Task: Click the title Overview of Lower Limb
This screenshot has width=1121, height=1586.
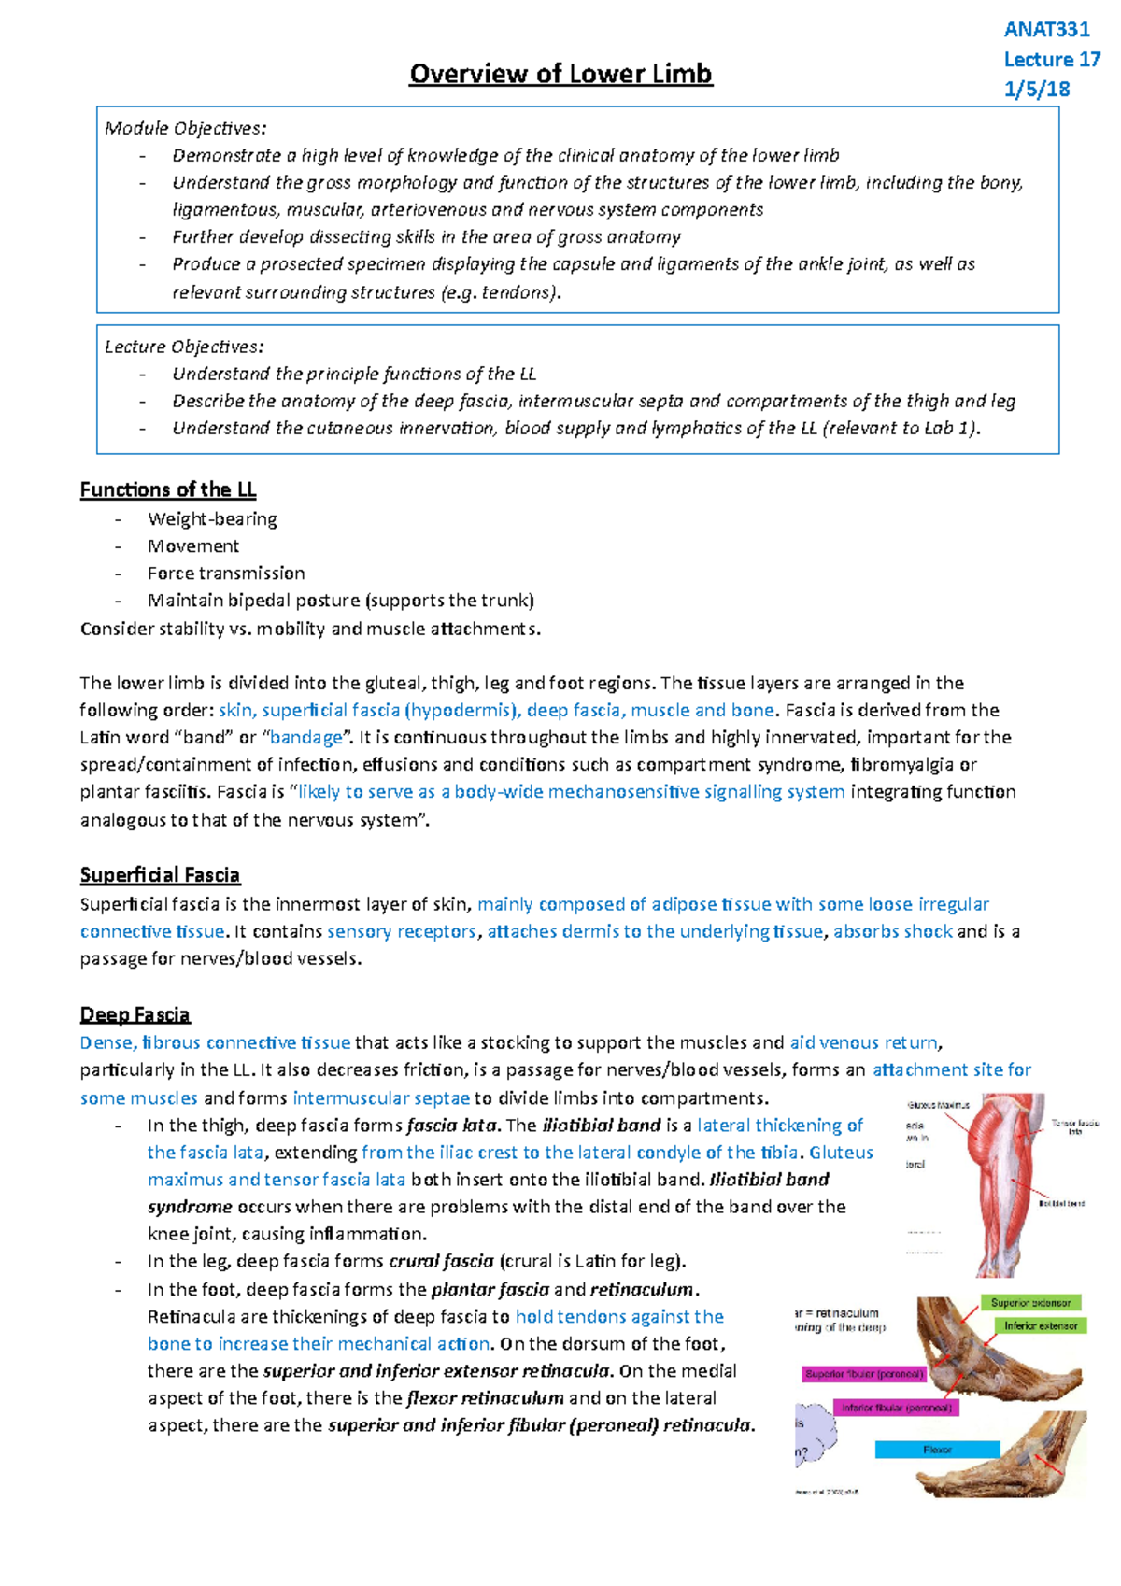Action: (x=560, y=74)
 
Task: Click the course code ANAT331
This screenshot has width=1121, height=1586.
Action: (x=1046, y=29)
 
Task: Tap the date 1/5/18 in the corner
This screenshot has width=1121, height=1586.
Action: (x=1037, y=90)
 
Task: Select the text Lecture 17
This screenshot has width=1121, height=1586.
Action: (x=1052, y=60)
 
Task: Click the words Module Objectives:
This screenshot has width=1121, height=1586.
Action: (x=185, y=128)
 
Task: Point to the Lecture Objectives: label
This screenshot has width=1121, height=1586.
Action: (x=184, y=347)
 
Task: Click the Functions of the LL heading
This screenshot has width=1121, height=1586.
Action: (x=168, y=489)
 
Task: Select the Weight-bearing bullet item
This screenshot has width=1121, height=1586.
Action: (x=212, y=518)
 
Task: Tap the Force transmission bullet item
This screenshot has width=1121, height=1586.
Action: (x=226, y=573)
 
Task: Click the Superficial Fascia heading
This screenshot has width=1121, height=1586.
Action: (x=160, y=875)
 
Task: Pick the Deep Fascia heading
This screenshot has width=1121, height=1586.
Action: (x=135, y=1014)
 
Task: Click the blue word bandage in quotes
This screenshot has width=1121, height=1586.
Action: (x=306, y=737)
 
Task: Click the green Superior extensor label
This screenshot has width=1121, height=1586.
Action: (x=1030, y=1302)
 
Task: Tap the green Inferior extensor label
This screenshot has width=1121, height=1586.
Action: (x=1041, y=1325)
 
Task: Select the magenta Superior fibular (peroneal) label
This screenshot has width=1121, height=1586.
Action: (x=864, y=1374)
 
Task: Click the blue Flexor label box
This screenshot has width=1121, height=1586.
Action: (x=937, y=1450)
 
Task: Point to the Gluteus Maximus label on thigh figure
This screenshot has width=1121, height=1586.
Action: (x=938, y=1105)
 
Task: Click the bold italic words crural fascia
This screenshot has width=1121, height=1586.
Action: (x=441, y=1261)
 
